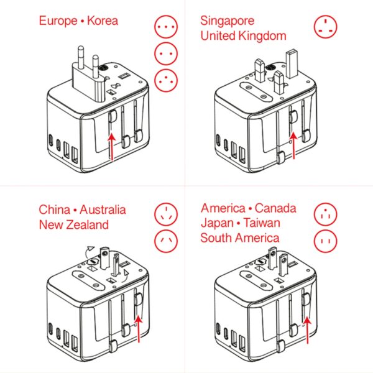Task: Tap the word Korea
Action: pos(102,21)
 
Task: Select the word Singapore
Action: pos(227,21)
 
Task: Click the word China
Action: pos(54,210)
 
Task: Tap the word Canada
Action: pos(275,208)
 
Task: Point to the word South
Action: pos(216,237)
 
